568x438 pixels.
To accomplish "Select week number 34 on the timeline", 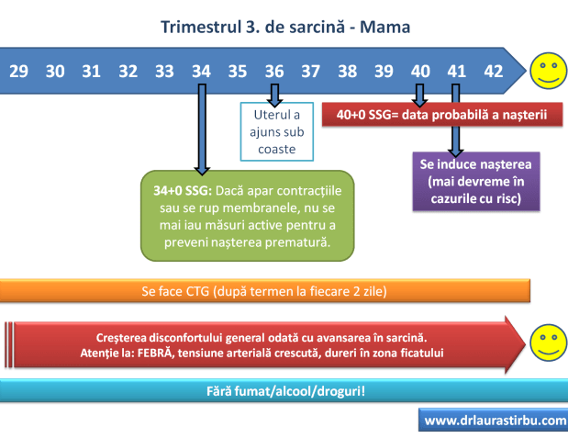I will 201,71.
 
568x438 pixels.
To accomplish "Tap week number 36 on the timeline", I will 273,71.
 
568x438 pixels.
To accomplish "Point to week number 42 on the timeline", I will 493,71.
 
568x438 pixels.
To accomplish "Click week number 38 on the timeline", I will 347,71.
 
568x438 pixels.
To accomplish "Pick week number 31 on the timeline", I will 91,71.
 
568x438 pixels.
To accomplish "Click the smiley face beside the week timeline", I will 549,71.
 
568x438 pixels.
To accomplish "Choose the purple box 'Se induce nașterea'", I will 474,179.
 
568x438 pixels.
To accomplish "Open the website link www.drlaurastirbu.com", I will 494,421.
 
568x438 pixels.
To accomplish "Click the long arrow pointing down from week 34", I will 202,129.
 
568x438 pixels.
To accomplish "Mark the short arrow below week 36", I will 273,94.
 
